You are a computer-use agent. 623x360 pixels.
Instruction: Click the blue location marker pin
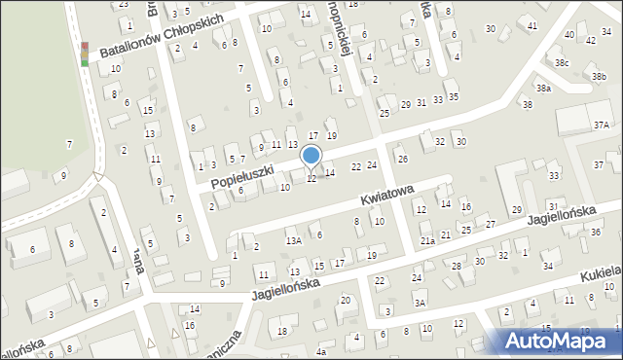[311, 156]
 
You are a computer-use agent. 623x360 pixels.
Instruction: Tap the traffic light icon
[85, 54]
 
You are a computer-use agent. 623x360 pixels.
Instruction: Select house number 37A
[601, 125]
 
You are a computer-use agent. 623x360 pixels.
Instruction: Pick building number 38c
[562, 62]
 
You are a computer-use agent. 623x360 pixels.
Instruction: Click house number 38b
[598, 76]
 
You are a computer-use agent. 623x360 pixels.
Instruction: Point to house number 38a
[543, 88]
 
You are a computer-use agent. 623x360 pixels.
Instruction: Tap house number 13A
[292, 239]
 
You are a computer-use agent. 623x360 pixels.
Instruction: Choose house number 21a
[427, 240]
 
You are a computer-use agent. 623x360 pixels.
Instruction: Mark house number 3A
[420, 303]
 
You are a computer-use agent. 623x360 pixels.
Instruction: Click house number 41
[531, 24]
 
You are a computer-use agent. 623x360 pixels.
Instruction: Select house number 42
[592, 41]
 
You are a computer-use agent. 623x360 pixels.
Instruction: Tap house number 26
[402, 159]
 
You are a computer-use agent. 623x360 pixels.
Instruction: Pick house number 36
[595, 232]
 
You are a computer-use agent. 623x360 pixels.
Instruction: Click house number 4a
[321, 352]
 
